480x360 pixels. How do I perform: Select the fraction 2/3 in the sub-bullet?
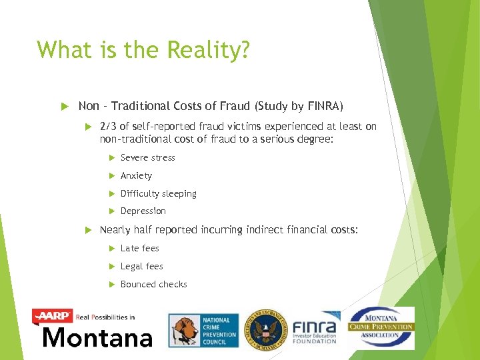click(x=108, y=127)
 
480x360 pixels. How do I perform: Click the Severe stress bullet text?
click(x=147, y=158)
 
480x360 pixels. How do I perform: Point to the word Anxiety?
click(x=136, y=176)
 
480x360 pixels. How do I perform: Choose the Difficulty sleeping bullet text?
click(x=158, y=194)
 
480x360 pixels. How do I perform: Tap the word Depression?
click(x=143, y=211)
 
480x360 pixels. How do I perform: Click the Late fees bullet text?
click(x=139, y=249)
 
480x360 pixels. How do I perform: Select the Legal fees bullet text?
click(x=141, y=267)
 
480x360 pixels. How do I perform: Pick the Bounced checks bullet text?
click(x=153, y=285)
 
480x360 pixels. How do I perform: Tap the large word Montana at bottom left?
click(x=97, y=337)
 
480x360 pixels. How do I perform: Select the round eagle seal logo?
click(x=265, y=329)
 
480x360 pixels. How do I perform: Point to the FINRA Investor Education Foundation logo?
click(x=315, y=329)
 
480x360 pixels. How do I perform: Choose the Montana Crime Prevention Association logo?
click(x=381, y=327)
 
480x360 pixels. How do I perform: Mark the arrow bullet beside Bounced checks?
click(x=110, y=285)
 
